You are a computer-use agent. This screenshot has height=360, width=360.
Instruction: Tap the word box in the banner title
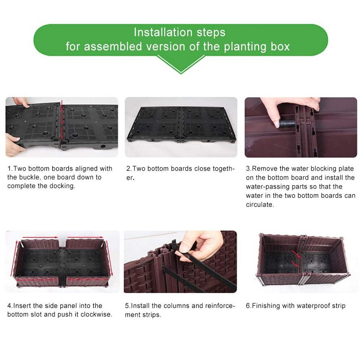[280, 46]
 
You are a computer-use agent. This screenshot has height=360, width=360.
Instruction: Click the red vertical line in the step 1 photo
[62, 122]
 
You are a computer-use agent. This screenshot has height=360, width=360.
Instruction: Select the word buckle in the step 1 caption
[30, 177]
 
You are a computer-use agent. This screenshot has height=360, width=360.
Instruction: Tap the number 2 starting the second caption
[129, 168]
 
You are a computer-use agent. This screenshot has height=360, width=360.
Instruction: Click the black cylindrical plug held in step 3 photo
[287, 123]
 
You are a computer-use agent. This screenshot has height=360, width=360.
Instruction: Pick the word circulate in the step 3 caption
[260, 204]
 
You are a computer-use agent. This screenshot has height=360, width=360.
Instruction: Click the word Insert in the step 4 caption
[22, 306]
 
